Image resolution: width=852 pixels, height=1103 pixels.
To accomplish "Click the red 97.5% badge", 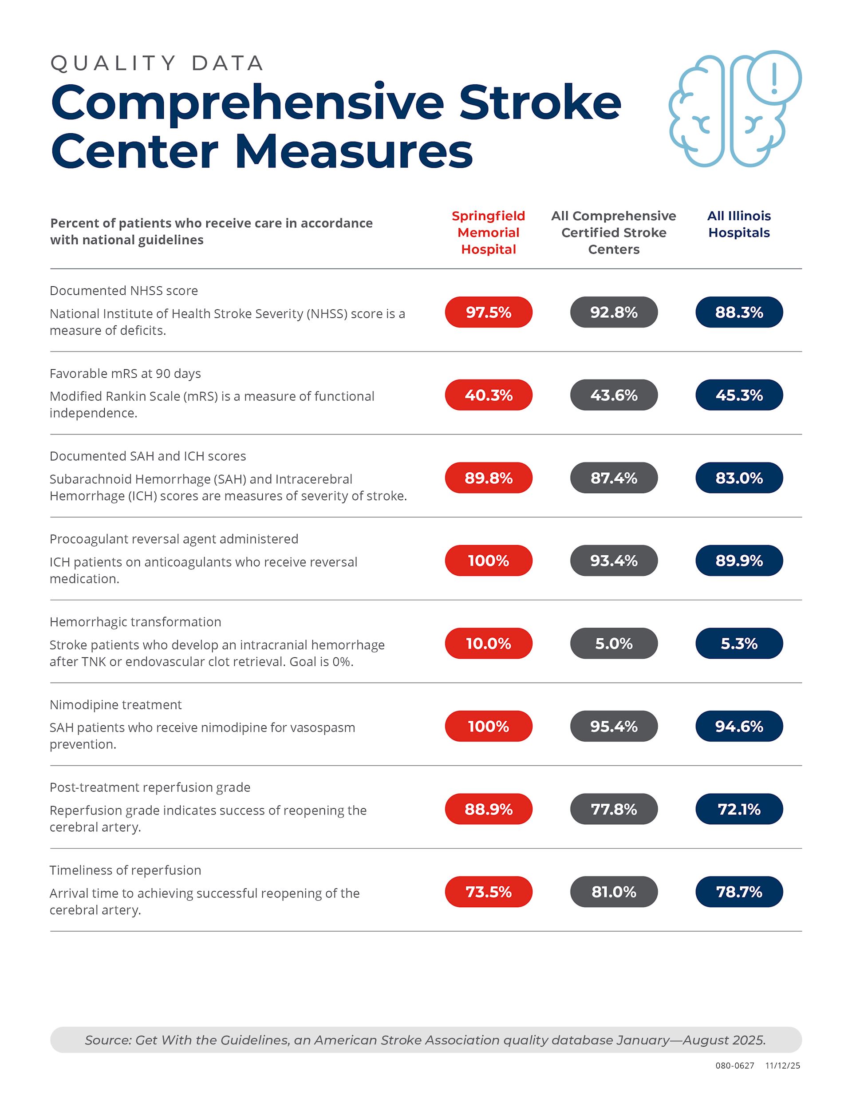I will coord(489,312).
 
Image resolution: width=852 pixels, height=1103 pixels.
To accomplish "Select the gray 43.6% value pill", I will coord(614,395).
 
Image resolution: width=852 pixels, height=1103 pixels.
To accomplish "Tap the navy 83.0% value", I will coord(739,478).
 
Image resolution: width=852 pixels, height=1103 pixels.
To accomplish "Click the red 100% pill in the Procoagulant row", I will coord(489,561).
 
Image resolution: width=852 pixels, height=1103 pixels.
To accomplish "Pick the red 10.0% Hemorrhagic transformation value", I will coord(489,644).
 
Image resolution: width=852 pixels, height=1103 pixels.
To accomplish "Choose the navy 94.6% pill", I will coord(739,726).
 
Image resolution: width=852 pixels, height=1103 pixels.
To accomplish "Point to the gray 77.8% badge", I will coord(614,809).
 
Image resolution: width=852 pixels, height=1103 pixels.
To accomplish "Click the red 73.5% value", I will coord(489,892).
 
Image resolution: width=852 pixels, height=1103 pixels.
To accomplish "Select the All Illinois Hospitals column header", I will coord(739,224).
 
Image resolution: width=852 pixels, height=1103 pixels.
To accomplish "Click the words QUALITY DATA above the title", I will coord(157,63).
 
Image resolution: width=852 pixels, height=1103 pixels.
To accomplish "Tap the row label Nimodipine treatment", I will coord(116,704).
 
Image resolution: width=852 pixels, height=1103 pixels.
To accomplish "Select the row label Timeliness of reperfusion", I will coord(125,870).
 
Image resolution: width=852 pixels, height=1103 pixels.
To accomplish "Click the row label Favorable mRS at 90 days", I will coord(125,373).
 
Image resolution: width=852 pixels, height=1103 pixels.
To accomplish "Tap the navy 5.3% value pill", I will coord(739,644).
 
